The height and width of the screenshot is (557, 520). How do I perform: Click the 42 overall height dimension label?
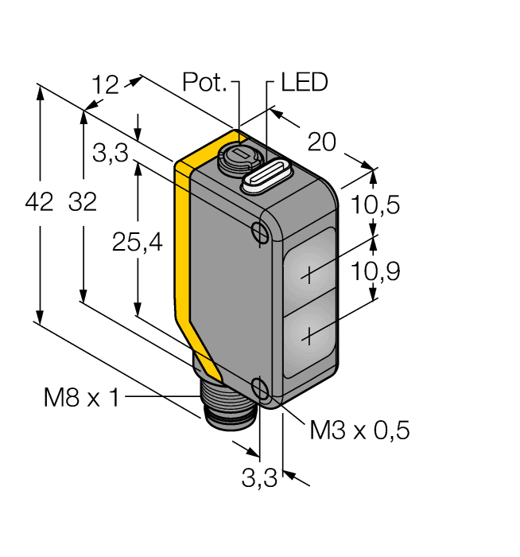(x=38, y=203)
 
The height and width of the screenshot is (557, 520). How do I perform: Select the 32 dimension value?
(x=82, y=203)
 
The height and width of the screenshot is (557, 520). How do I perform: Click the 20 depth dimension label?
(x=321, y=142)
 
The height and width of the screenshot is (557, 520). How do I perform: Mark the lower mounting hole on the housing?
(x=260, y=388)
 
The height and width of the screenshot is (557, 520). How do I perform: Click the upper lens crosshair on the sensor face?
(x=309, y=275)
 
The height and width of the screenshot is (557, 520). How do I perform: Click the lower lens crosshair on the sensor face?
(x=309, y=337)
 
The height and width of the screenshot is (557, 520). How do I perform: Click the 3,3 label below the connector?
(x=258, y=479)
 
